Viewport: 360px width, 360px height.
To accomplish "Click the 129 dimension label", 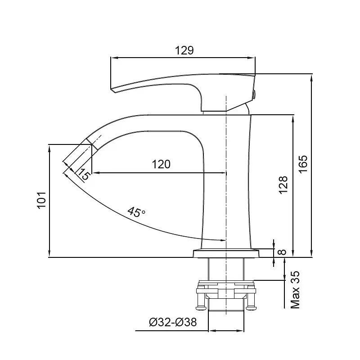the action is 184,50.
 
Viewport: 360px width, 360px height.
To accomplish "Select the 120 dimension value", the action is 161,164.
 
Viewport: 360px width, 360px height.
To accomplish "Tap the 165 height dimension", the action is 303,164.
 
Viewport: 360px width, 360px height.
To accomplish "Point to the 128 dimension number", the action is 283,185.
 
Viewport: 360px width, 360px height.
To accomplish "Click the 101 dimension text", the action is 41,200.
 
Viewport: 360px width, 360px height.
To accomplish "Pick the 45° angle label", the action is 136,212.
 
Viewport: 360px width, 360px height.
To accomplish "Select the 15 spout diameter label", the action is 83,175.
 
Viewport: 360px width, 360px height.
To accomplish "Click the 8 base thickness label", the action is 282,252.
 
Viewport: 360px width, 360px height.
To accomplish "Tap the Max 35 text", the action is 295,290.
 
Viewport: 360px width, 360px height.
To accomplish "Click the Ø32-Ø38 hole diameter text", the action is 173,322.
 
